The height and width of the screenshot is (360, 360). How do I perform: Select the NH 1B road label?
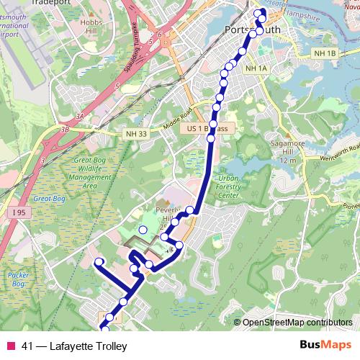pos(325,54)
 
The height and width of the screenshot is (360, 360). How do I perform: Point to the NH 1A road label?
pos(256,68)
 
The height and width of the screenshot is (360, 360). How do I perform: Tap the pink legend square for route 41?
pos(9,346)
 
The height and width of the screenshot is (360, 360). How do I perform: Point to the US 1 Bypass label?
pos(207,128)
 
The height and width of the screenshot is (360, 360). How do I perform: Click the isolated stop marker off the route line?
pos(143,230)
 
